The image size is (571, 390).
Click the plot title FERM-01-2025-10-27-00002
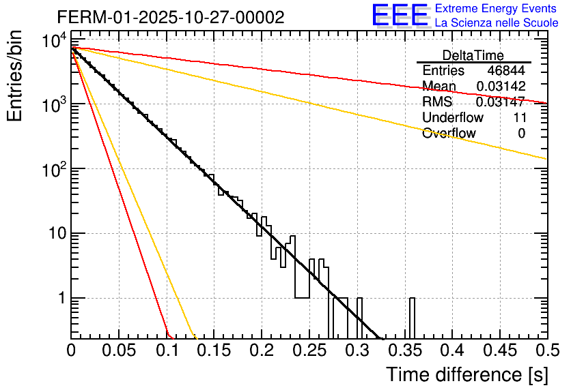(171, 17)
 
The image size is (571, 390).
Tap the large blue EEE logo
(400, 16)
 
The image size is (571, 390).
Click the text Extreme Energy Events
(497, 9)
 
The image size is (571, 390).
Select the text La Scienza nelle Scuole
(497, 22)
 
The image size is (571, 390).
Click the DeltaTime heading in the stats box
(473, 55)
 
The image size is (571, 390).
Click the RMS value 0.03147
(500, 102)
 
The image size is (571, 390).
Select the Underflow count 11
(519, 118)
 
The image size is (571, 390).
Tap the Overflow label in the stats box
(449, 134)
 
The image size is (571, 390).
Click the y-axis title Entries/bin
(15, 77)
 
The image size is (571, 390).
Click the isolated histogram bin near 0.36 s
(413, 317)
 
